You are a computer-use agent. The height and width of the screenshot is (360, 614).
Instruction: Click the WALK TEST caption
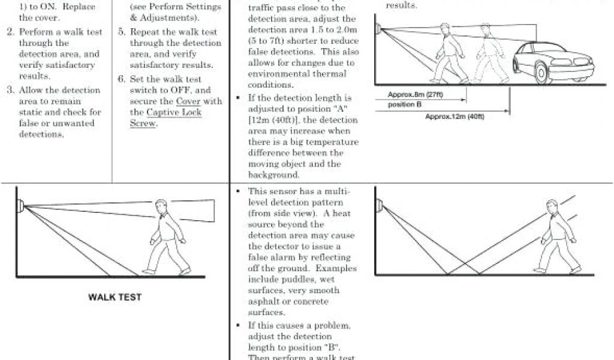click(x=115, y=297)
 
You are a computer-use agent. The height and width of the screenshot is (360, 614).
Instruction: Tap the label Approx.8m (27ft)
click(x=415, y=95)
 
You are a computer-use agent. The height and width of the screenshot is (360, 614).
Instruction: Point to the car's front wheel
click(x=543, y=72)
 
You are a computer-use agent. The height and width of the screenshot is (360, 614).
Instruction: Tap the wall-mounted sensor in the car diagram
click(x=377, y=28)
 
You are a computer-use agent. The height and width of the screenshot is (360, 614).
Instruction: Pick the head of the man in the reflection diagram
click(x=552, y=207)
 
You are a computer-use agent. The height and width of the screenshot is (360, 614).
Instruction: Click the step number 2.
click(x=10, y=32)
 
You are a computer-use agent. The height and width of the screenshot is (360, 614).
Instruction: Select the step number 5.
click(x=121, y=32)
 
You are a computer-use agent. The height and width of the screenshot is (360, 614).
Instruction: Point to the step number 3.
click(x=10, y=90)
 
